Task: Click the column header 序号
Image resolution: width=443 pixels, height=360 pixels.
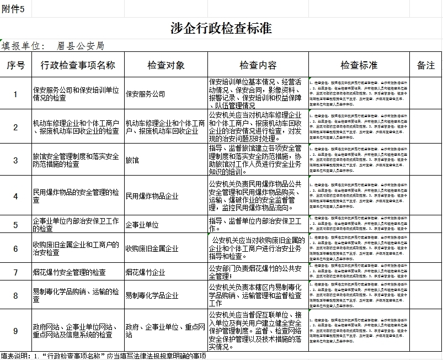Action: tap(15, 65)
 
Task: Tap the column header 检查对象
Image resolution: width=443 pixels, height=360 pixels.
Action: tap(166, 65)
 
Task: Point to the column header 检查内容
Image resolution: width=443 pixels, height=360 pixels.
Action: tap(258, 65)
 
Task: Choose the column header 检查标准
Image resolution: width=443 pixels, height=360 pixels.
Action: tap(359, 65)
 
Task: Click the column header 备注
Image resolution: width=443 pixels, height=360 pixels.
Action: tap(426, 65)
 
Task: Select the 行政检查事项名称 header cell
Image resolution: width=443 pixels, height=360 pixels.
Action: tap(78, 65)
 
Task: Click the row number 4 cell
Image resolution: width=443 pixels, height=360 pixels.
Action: tap(15, 196)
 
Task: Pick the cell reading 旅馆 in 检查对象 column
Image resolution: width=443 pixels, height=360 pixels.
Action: tap(132, 160)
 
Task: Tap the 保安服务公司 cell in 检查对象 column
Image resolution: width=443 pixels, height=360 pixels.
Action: tap(145, 94)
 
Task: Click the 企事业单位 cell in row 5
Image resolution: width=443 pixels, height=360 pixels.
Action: tap(142, 225)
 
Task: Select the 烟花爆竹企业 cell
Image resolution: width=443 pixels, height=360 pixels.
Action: tap(145, 272)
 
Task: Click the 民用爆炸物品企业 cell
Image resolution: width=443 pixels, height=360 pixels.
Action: tap(152, 196)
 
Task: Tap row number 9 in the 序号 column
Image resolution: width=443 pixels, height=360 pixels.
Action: tap(15, 331)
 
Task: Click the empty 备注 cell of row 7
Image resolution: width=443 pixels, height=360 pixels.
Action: tap(426, 272)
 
